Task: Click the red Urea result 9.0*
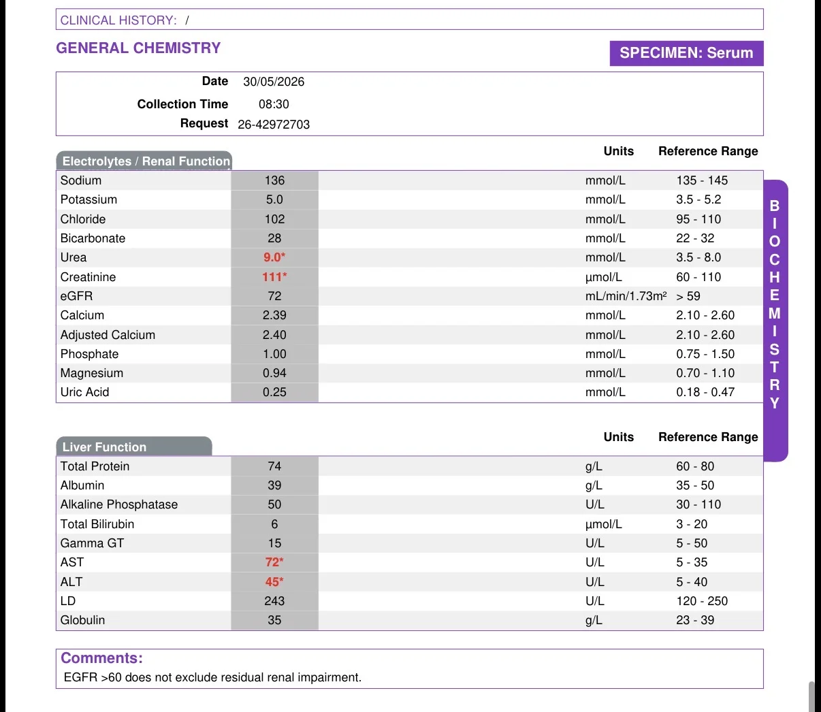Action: [x=274, y=257]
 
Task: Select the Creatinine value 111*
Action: [x=274, y=277]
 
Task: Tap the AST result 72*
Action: [x=274, y=562]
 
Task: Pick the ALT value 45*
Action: [x=274, y=581]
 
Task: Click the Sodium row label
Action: [x=80, y=180]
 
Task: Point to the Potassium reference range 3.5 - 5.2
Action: [x=698, y=199]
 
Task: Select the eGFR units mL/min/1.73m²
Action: [x=626, y=296]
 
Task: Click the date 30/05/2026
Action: [x=274, y=82]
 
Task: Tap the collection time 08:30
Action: [x=274, y=104]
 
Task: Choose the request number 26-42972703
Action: [x=274, y=125]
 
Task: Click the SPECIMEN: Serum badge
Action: [x=687, y=53]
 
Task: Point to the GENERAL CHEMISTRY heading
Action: [x=138, y=48]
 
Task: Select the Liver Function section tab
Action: [x=134, y=446]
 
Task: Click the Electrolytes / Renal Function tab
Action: [x=144, y=161]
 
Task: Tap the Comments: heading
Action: [x=101, y=658]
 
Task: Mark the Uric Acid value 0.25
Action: [x=274, y=392]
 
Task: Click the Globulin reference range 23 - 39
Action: [x=695, y=620]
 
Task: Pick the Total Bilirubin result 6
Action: [x=274, y=524]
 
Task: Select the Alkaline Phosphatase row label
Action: [x=118, y=504]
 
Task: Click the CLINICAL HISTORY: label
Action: [x=118, y=20]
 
